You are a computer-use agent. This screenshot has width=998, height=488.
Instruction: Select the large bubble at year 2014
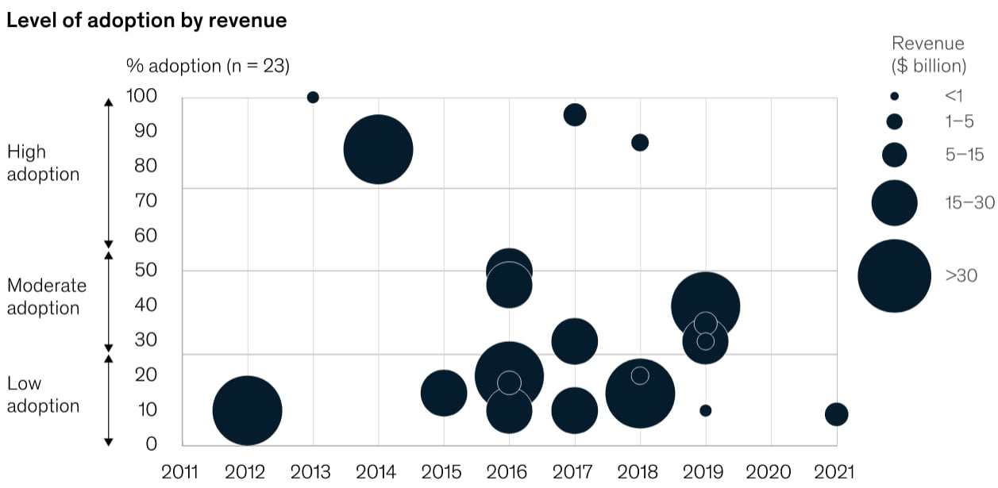point(378,150)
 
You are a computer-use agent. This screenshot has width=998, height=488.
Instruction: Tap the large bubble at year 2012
point(247,410)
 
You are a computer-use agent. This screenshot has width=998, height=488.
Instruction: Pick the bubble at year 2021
point(836,414)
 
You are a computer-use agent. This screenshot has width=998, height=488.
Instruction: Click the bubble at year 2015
point(444,393)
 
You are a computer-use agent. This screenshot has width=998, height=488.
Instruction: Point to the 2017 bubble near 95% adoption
point(575,115)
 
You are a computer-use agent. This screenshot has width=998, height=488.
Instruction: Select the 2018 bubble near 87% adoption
point(640,143)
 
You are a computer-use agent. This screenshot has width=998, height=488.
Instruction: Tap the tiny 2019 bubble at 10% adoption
point(705,410)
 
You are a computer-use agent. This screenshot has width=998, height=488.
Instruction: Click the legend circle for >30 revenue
point(894,276)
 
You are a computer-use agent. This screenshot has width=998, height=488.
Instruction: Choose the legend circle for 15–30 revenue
point(894,203)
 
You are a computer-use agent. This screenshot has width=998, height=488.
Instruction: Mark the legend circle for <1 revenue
point(894,96)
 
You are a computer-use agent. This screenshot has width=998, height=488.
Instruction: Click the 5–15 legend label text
point(965,155)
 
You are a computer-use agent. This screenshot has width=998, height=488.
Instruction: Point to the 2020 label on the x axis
point(768,472)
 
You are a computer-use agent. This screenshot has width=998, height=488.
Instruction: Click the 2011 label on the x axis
point(179,472)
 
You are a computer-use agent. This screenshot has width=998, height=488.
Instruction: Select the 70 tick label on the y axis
point(145,201)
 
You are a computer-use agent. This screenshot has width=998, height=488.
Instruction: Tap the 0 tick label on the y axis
point(152,444)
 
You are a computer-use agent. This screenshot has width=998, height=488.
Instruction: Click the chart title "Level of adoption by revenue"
point(147,21)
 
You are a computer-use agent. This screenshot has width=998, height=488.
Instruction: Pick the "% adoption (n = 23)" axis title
point(208,66)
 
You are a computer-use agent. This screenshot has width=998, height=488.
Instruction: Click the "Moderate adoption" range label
point(46,297)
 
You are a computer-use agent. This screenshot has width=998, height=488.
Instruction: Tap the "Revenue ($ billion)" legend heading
point(928,55)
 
